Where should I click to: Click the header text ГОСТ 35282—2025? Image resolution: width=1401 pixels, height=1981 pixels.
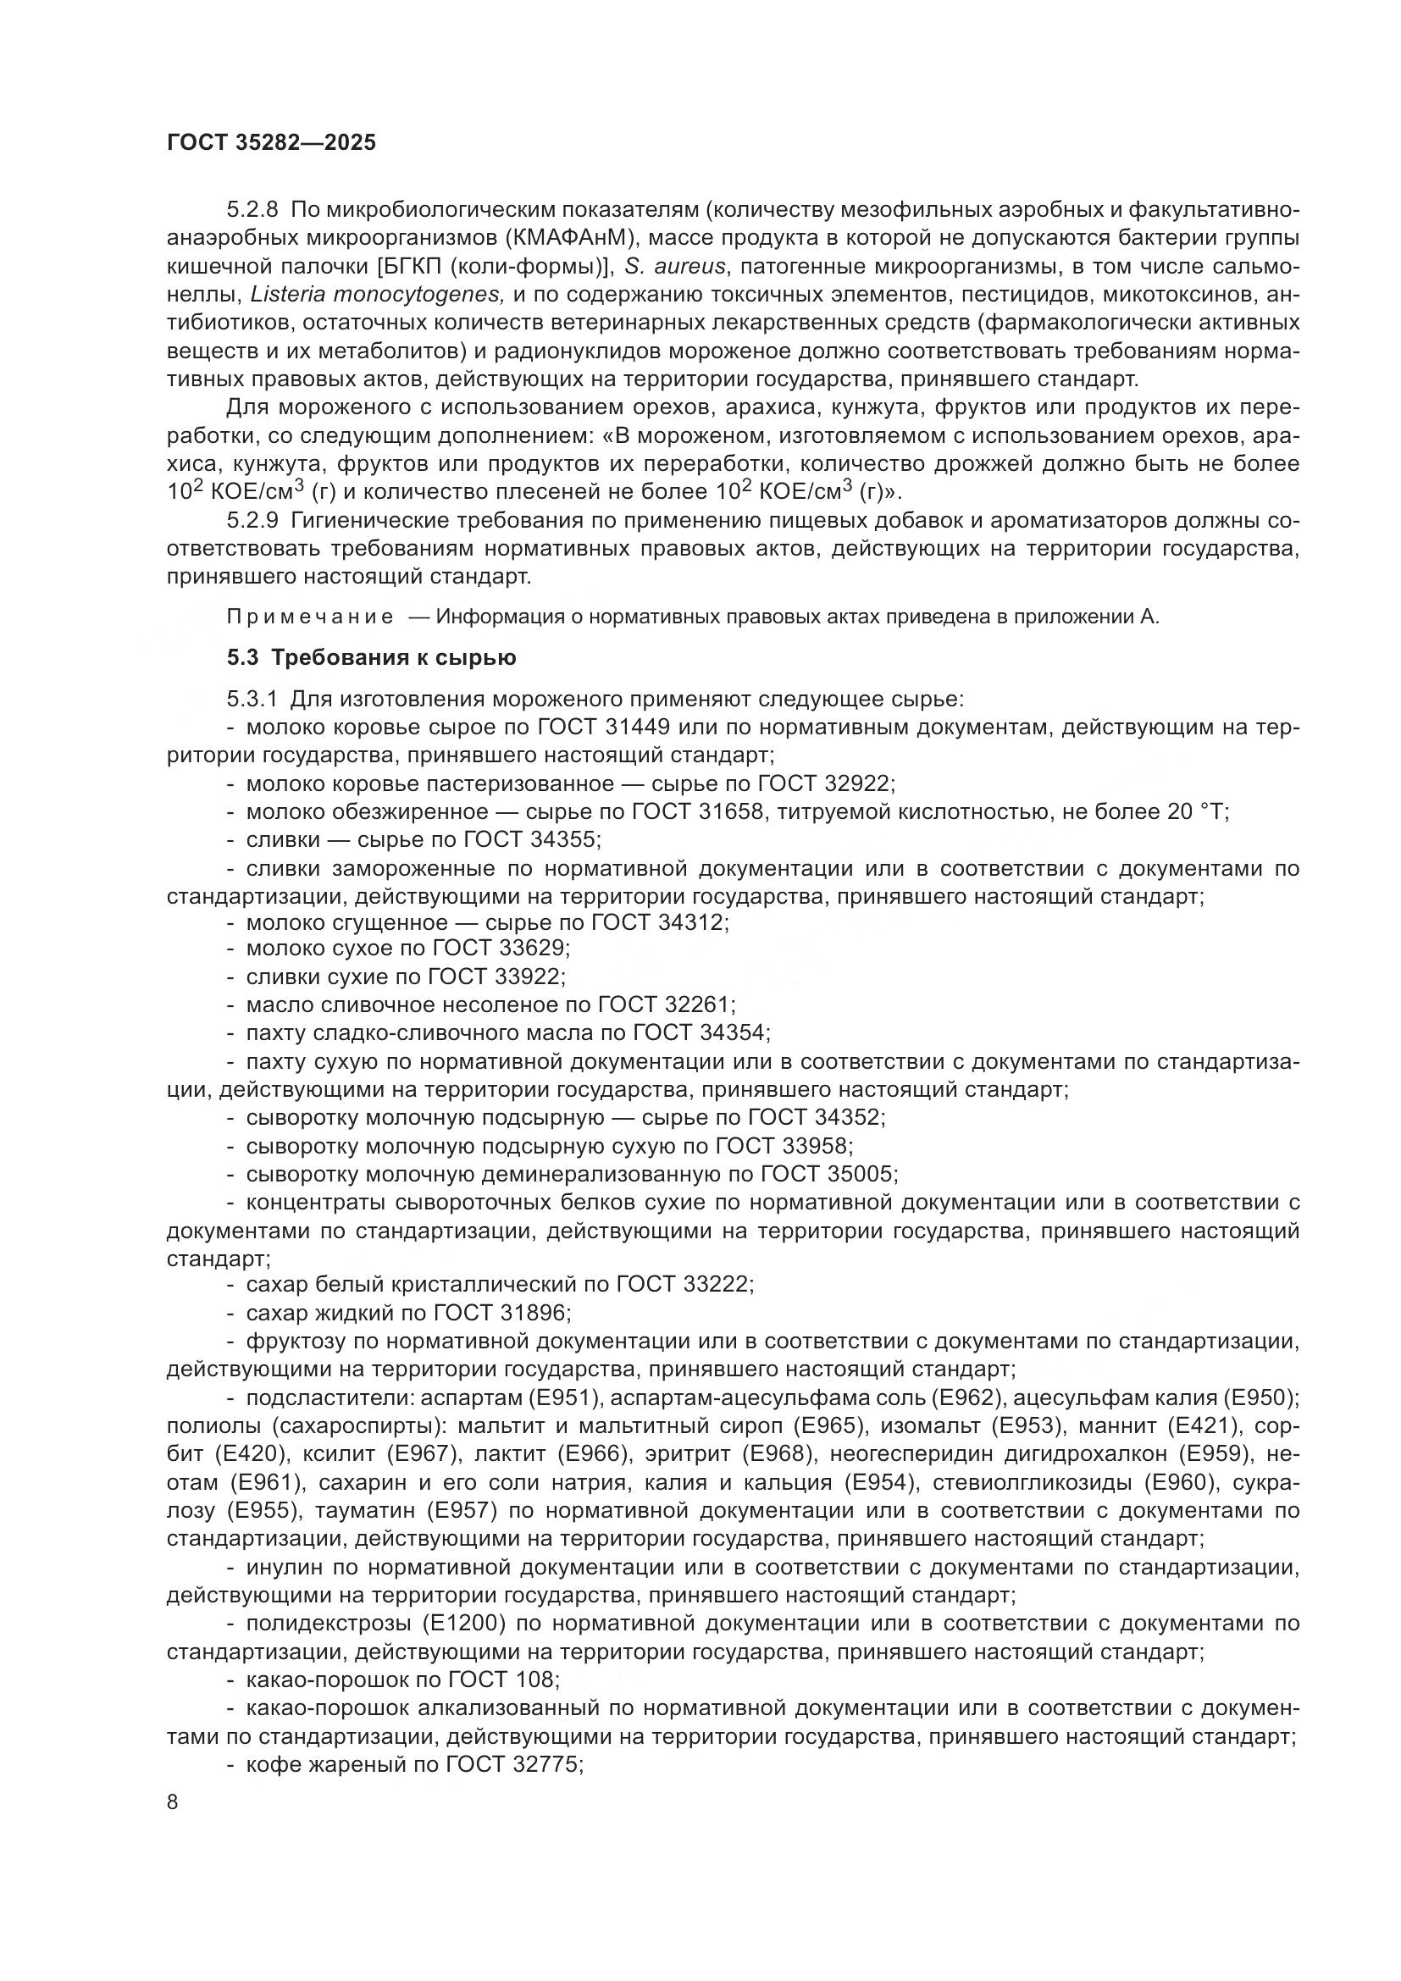pos(272,142)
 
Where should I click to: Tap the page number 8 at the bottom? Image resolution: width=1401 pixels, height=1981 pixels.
pos(173,1802)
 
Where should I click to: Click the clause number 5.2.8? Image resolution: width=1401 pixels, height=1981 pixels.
pos(252,210)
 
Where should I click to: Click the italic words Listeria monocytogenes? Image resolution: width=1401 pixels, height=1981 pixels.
pos(376,294)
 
